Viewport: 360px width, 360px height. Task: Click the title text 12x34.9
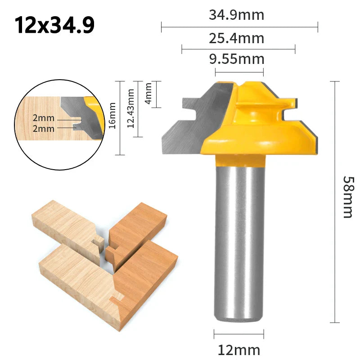click(54, 26)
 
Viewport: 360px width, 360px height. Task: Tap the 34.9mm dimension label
click(236, 15)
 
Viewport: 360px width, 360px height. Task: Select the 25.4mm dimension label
click(236, 37)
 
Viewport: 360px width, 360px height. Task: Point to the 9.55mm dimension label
click(236, 59)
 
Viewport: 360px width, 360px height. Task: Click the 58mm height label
click(348, 197)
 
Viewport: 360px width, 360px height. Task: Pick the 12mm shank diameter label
click(238, 350)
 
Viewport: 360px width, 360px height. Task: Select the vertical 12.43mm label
click(131, 108)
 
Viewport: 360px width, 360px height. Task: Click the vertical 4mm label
click(148, 94)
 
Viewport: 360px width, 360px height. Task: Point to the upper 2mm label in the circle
click(43, 118)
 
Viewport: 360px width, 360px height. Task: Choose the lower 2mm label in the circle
click(43, 129)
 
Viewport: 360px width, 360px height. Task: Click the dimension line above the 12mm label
click(238, 334)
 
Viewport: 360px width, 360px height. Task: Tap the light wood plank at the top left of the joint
click(63, 225)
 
